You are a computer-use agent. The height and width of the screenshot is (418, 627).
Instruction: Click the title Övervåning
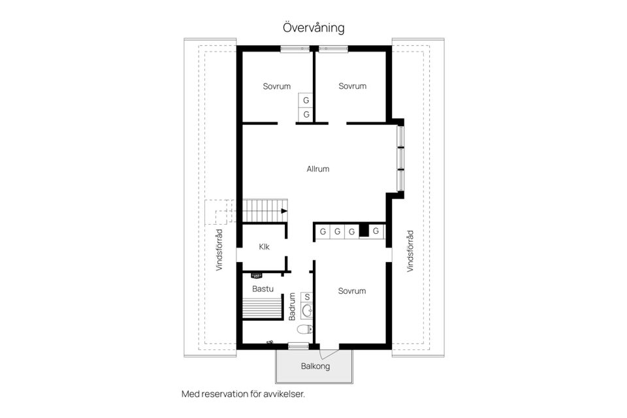point(313,28)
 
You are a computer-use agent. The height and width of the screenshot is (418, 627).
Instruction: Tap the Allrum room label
point(318,169)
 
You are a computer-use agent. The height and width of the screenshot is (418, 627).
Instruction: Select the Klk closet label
point(264,246)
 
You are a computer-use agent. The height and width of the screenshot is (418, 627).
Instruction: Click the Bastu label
point(262,288)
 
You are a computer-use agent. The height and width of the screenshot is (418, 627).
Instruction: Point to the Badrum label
point(292,306)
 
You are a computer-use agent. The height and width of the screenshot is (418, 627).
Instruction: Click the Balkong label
point(315,366)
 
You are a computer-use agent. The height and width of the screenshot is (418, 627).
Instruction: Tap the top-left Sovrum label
point(277,86)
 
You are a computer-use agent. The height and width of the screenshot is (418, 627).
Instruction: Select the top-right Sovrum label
point(352,86)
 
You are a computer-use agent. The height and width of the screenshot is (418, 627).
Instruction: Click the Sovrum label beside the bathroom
point(352,291)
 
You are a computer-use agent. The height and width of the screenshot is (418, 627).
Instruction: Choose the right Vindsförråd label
point(410,250)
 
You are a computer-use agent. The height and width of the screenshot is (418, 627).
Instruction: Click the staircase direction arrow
point(283,211)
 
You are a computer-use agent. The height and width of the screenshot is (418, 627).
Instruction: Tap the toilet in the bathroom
point(305,329)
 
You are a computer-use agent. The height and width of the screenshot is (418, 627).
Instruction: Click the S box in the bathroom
point(307,297)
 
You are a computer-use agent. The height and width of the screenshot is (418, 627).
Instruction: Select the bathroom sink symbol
point(308,310)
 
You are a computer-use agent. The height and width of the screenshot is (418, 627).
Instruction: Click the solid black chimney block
point(364,231)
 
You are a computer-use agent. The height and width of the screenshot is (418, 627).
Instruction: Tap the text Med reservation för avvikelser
point(244,394)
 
